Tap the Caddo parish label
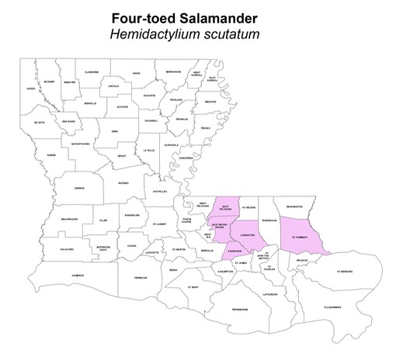30,88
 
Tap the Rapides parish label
122,184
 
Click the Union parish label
136,74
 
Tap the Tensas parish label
205,128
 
